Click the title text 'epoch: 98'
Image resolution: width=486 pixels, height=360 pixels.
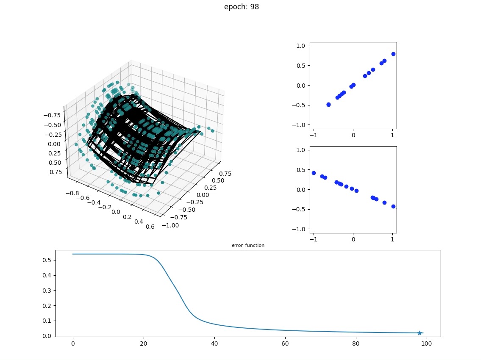242,7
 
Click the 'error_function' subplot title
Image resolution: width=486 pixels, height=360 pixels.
248,245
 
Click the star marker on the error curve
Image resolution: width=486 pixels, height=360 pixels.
419,333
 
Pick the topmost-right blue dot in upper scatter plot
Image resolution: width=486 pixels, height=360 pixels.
393,54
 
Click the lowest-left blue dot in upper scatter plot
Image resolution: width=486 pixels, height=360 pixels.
328,104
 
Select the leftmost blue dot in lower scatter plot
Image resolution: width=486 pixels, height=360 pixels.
314,173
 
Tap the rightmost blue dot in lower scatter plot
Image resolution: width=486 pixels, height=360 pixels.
393,206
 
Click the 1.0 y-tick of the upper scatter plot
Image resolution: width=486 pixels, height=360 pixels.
303,46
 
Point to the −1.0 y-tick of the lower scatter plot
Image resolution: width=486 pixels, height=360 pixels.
301,229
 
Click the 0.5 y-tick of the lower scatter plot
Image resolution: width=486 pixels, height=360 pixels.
303,170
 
